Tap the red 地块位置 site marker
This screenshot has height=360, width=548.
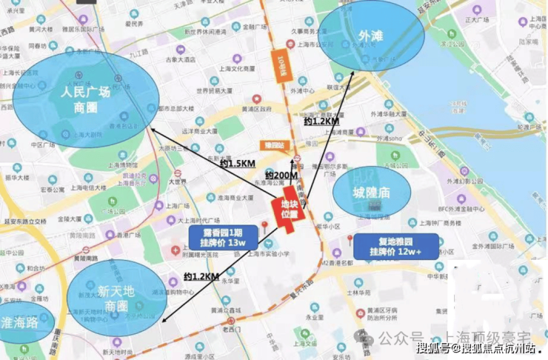click(289, 209)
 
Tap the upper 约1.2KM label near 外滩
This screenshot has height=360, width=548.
click(321, 121)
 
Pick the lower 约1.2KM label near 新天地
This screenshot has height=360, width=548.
click(201, 276)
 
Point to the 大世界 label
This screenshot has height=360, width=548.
click(176, 181)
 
